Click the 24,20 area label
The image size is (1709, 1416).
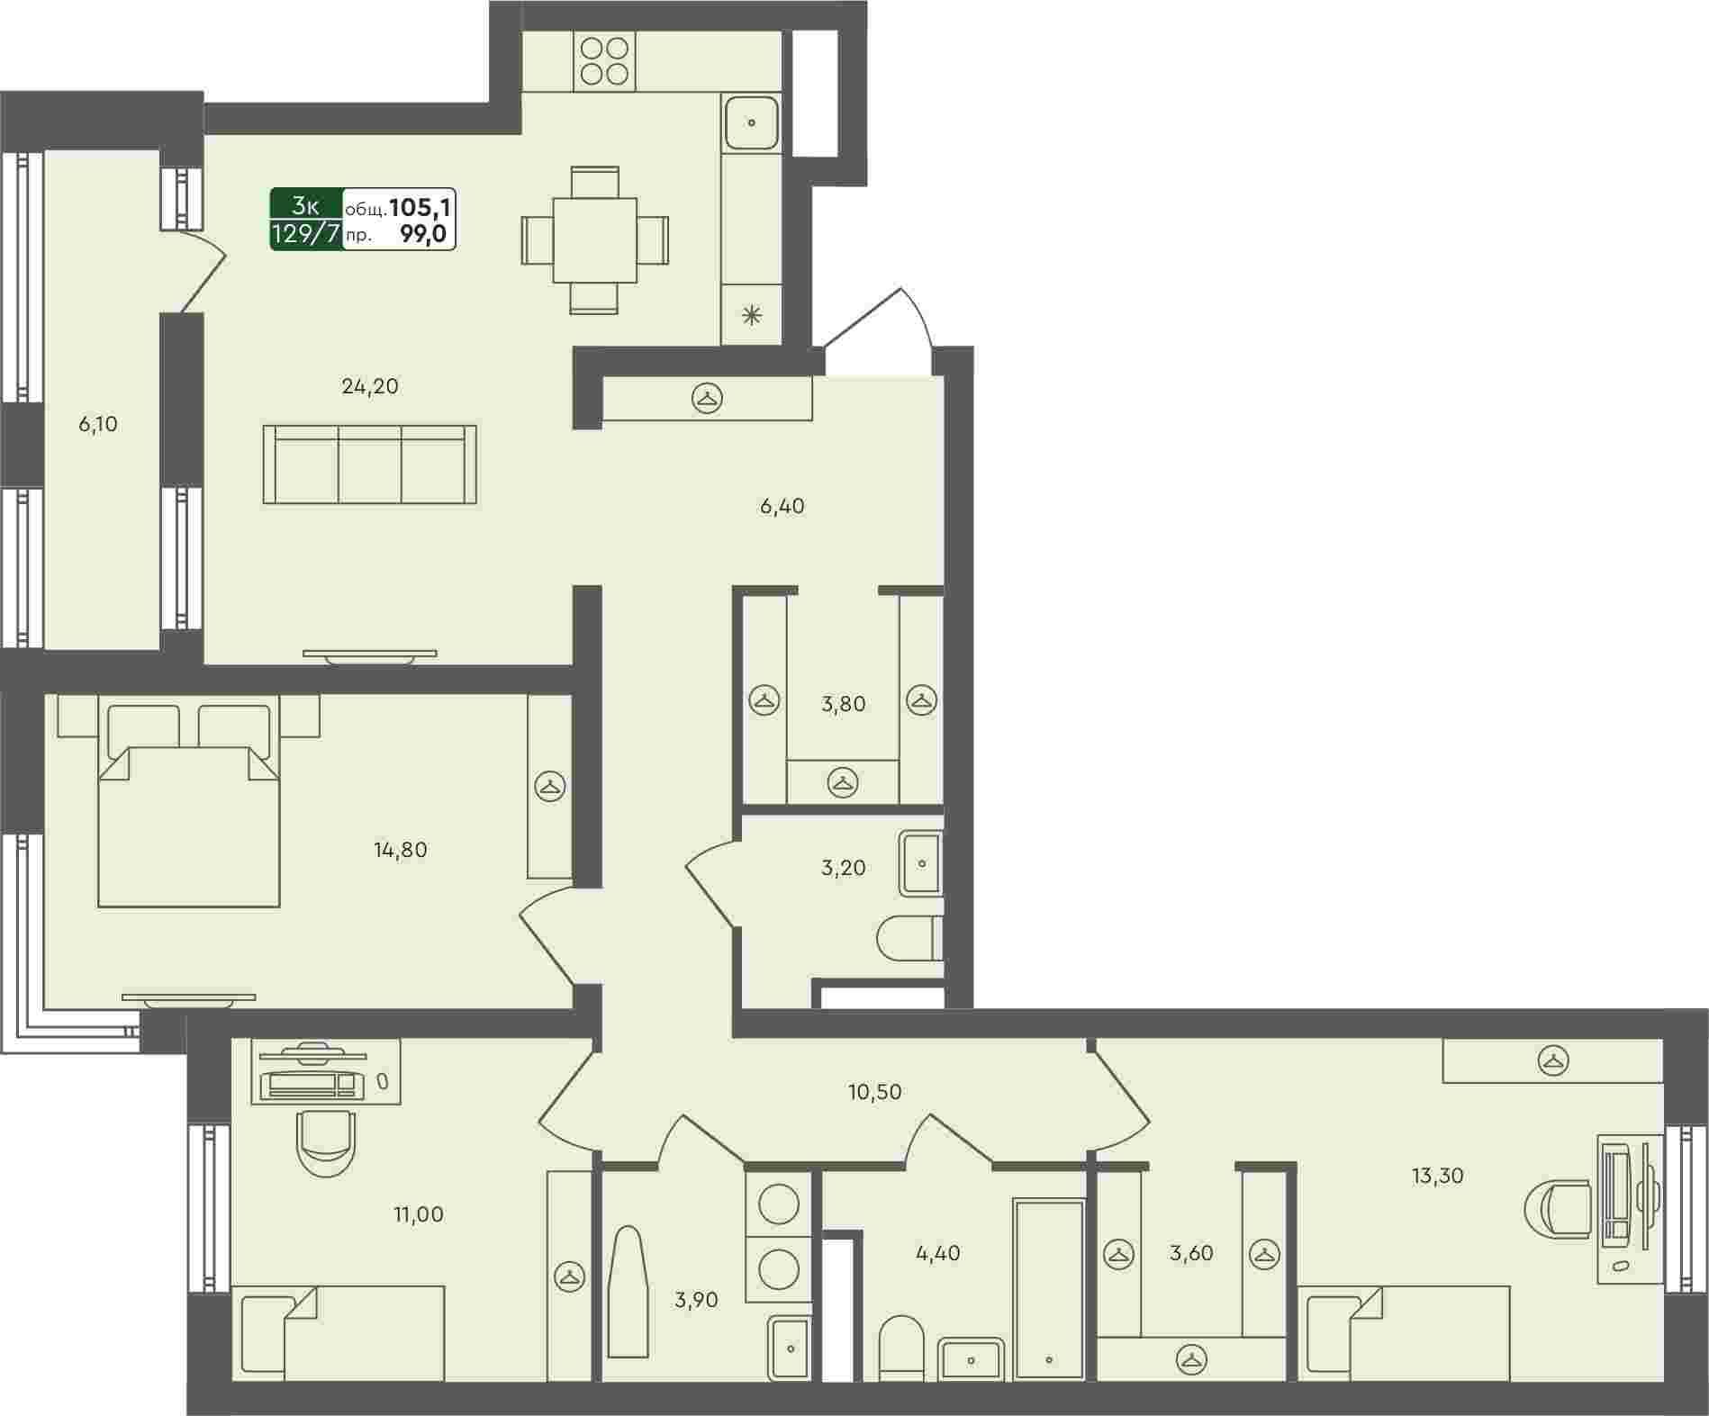[370, 387]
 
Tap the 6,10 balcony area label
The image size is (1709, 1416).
[98, 424]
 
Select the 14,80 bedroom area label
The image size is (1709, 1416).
[401, 850]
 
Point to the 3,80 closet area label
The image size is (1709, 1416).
[844, 704]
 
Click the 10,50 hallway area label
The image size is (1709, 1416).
[875, 1092]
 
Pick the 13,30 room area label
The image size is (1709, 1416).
[1437, 1176]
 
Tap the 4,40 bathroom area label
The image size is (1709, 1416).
[937, 1253]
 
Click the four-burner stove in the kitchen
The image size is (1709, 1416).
[604, 60]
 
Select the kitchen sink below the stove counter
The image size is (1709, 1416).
[751, 122]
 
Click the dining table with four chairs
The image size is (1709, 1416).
[594, 240]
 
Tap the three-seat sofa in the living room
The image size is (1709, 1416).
[370, 464]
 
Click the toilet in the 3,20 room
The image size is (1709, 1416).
[909, 939]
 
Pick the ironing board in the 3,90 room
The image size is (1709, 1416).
[628, 1292]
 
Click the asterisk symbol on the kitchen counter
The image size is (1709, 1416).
[751, 315]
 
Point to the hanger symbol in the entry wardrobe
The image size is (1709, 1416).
[708, 398]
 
